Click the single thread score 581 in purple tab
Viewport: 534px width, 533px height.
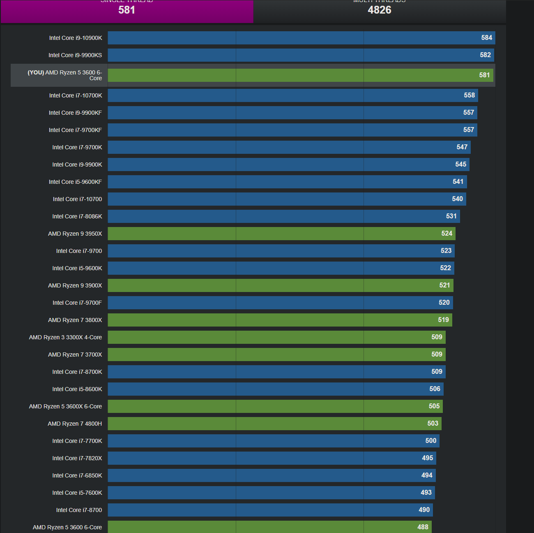(127, 10)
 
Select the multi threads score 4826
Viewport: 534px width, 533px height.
(379, 10)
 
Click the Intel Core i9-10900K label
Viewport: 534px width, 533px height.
(76, 38)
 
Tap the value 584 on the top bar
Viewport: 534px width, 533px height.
(486, 38)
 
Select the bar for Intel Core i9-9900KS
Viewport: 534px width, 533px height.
(301, 55)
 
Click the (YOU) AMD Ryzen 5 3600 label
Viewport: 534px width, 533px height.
(65, 75)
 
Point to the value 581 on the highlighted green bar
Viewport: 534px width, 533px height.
(484, 75)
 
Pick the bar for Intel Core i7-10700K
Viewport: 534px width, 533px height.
(292, 95)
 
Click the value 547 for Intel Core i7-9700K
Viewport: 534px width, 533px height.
(462, 147)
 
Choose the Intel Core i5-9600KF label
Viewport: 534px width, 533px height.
(75, 182)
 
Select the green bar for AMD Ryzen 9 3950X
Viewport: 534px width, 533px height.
(281, 234)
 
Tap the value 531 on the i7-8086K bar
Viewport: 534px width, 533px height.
(451, 216)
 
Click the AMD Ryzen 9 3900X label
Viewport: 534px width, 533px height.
(75, 285)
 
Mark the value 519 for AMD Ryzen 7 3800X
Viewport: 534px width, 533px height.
(443, 320)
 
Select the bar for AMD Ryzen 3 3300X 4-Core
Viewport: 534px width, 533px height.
(276, 337)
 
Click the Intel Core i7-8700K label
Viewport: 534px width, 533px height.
(77, 372)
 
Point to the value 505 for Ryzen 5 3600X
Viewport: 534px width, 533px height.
(434, 406)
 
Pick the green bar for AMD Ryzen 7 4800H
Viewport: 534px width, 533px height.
(274, 424)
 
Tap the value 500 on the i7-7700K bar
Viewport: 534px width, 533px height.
(430, 441)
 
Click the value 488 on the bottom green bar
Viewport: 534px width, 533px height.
(423, 527)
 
